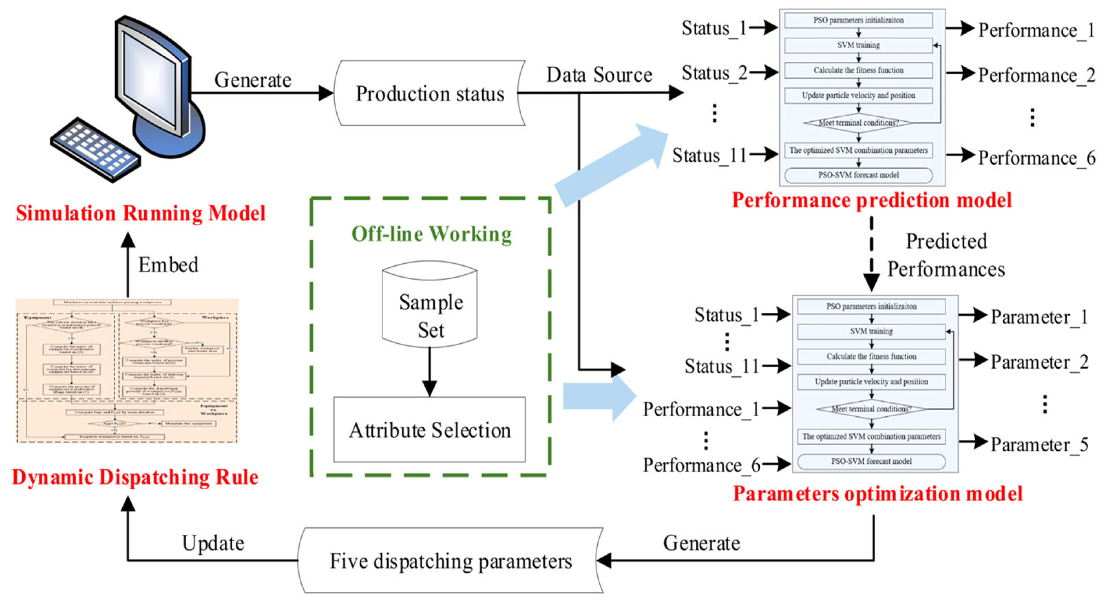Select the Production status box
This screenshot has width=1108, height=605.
coord(429,93)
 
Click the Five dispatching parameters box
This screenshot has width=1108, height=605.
coord(450,561)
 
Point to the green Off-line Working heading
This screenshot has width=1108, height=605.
coord(431,234)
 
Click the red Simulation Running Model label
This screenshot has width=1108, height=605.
coord(141,213)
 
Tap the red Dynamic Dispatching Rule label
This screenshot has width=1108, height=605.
coord(135,477)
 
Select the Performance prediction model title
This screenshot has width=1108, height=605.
coord(872,200)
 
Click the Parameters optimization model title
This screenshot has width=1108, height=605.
coord(877,494)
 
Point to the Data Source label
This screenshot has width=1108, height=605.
coord(599,75)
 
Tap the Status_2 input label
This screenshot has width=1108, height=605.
coord(714,73)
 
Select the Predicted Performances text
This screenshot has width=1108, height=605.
coord(946,255)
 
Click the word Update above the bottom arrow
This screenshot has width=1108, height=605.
coord(213,543)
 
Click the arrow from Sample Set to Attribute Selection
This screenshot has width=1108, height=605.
coord(429,372)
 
